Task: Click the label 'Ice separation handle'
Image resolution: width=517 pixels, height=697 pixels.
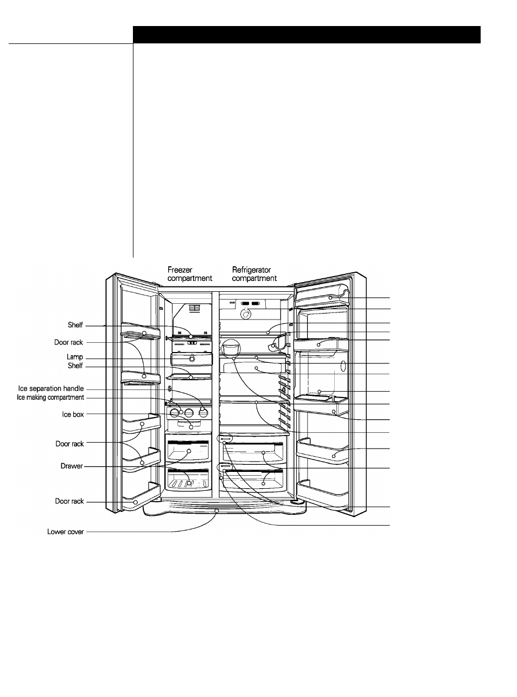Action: (x=51, y=389)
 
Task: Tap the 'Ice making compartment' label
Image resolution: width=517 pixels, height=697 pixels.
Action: (x=50, y=398)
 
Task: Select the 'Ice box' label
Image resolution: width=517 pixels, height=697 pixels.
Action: (x=73, y=414)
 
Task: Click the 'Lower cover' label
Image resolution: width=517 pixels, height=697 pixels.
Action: (x=66, y=532)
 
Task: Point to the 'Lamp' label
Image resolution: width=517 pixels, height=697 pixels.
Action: (x=75, y=357)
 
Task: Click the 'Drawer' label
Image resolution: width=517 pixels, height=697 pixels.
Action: (x=72, y=466)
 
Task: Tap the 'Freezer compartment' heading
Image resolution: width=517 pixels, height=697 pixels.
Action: (x=189, y=274)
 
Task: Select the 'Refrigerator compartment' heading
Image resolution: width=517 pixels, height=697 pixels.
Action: (x=254, y=274)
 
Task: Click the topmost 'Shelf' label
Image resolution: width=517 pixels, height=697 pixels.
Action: (x=75, y=325)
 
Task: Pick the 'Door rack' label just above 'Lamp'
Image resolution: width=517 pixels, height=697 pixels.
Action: (x=68, y=342)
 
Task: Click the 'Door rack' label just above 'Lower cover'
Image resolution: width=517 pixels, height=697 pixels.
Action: (x=69, y=501)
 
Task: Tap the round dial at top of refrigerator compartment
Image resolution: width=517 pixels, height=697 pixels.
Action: (x=245, y=314)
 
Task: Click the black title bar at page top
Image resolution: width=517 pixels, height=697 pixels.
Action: (x=307, y=35)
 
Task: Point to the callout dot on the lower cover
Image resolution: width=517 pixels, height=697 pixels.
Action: (x=216, y=511)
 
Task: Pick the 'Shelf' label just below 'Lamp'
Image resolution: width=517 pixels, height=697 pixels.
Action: (x=75, y=366)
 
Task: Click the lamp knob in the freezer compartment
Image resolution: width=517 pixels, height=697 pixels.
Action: (x=191, y=359)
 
